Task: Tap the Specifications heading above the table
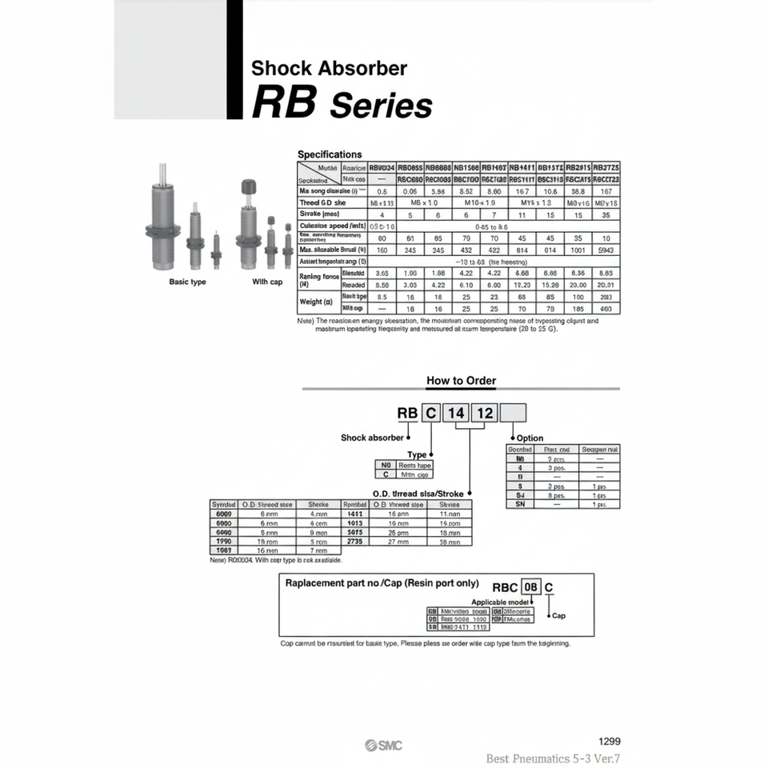coord(330,154)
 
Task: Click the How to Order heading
coord(461,381)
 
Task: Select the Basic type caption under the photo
coord(187,282)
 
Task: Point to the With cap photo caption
coord(267,282)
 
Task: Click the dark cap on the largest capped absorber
coord(247,187)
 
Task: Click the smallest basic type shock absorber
coord(216,250)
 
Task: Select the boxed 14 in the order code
coord(456,413)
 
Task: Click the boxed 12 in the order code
coord(484,413)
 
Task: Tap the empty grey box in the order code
coord(513,413)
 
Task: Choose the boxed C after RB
coord(430,413)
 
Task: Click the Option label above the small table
coord(530,438)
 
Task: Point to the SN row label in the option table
coord(520,505)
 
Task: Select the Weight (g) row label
coord(310,302)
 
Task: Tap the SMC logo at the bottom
coord(384,746)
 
